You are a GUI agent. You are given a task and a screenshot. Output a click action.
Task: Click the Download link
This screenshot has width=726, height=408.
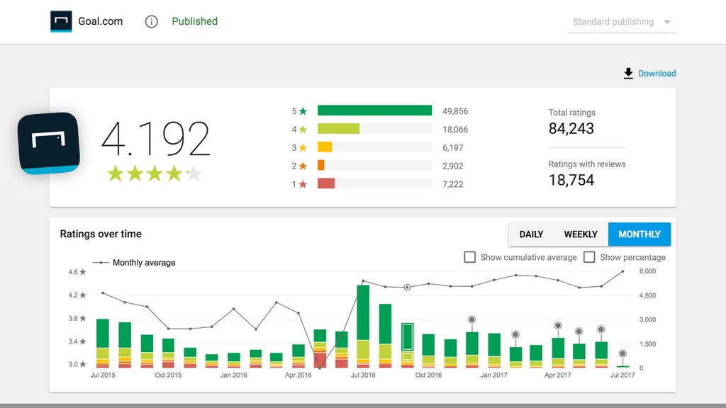coord(649,73)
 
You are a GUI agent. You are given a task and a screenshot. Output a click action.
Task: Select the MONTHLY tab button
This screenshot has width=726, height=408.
coord(640,234)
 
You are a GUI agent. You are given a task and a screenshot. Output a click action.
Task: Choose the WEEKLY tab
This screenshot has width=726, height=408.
coord(581,234)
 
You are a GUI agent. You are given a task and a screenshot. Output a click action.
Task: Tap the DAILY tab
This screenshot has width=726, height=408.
coord(531,234)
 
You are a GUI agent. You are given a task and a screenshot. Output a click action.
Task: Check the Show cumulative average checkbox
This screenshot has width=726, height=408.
coord(470,257)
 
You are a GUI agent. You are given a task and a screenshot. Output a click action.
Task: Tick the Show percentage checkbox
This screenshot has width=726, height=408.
coord(589,257)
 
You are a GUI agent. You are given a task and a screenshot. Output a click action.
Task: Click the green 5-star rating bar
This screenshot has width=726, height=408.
coord(374,110)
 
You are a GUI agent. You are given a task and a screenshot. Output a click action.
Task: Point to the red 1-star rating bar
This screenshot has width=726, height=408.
coord(326,183)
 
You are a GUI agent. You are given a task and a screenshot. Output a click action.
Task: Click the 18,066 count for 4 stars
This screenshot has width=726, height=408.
coord(455,130)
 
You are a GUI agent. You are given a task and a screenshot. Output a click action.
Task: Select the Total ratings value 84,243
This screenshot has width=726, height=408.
coord(571,129)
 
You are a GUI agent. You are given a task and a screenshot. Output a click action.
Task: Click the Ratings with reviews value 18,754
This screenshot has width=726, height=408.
coord(571,180)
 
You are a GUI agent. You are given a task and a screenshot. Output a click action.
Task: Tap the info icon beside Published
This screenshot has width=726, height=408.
coord(152,22)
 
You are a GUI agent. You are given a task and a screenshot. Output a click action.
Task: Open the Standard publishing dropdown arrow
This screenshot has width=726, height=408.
coord(667,22)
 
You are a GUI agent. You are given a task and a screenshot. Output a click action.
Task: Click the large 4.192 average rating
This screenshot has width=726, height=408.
coord(155,138)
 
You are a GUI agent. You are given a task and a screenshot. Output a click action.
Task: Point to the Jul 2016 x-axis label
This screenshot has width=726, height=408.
coord(363,375)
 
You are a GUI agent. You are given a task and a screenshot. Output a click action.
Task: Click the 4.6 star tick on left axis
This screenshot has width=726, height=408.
coord(77,272)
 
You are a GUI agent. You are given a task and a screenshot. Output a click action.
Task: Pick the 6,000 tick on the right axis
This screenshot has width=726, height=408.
coord(647,271)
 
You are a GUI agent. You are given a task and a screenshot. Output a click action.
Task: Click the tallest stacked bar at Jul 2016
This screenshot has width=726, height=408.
coord(363,327)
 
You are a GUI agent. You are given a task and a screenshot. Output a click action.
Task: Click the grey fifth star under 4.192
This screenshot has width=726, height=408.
coord(194,174)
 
